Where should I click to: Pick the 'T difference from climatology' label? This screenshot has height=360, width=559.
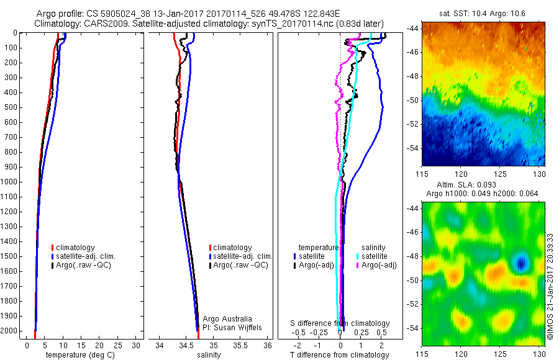[340, 355]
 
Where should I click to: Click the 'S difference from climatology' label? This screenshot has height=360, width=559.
[340, 323]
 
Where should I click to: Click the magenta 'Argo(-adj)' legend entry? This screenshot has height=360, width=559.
[378, 265]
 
